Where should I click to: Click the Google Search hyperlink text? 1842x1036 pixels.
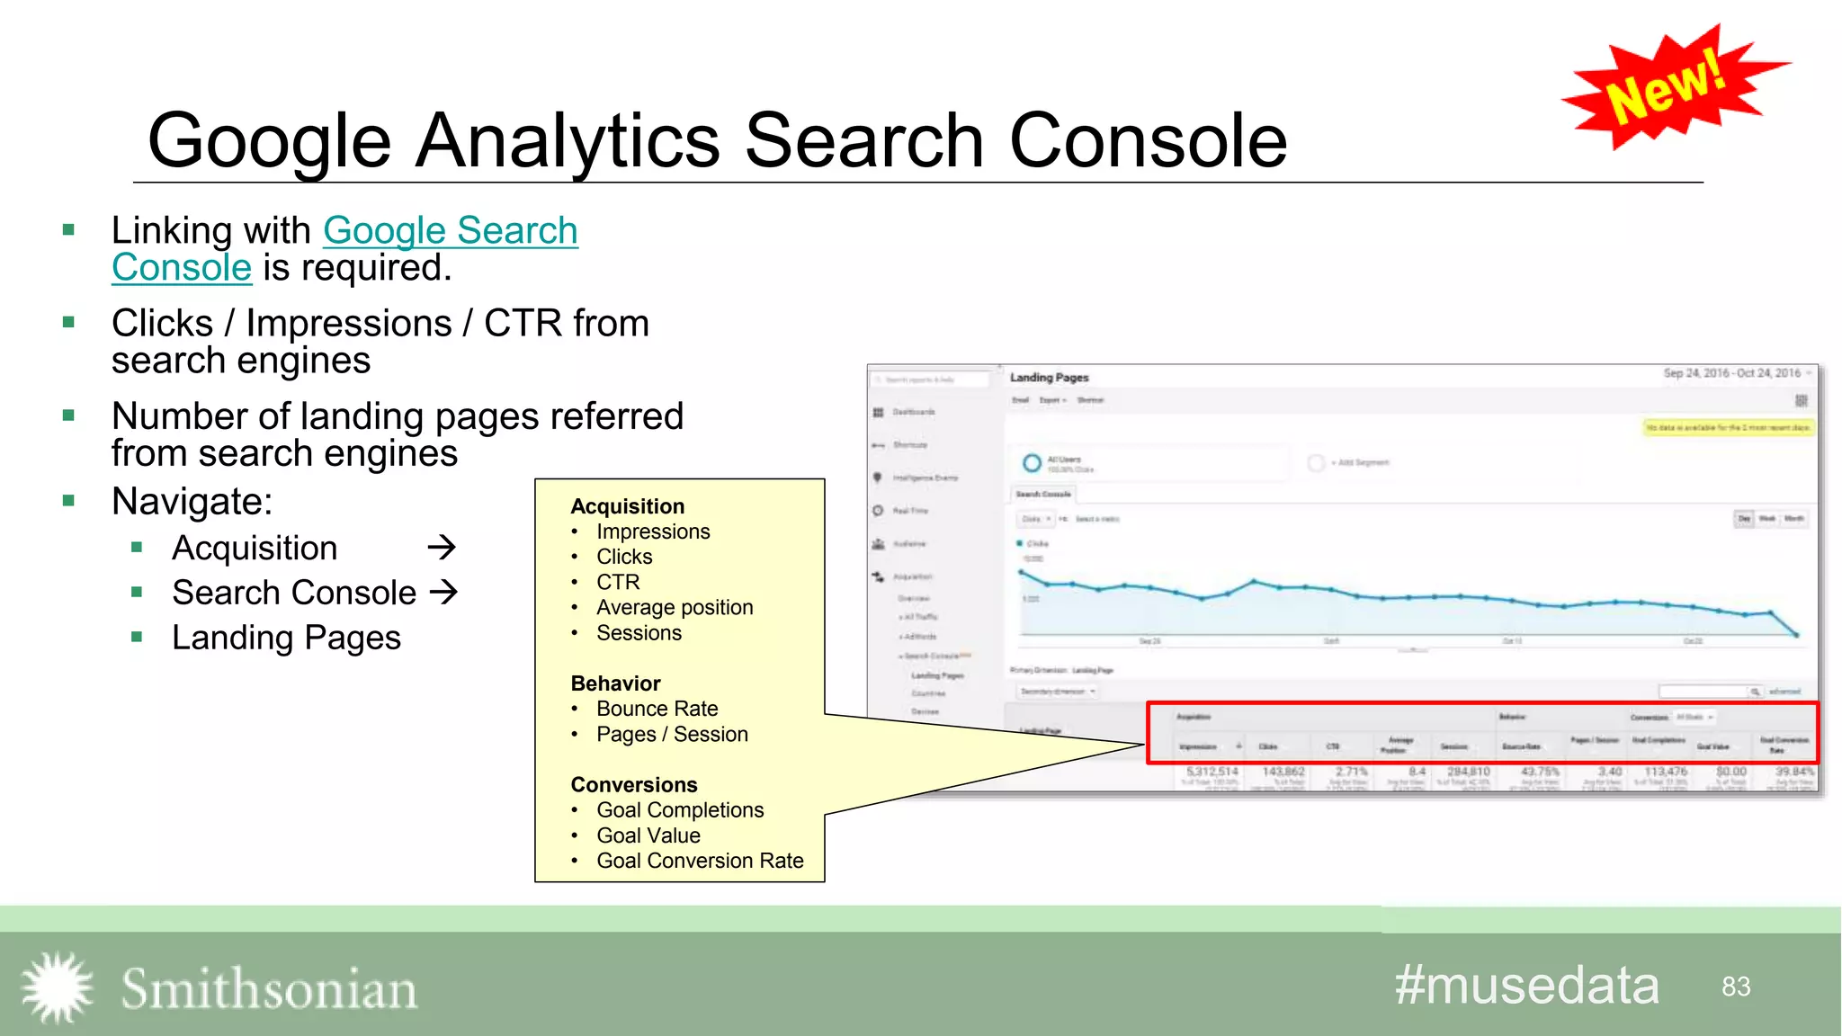[450, 230]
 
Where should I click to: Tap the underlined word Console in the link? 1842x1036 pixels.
[182, 268]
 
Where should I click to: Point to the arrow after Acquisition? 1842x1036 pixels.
[442, 547]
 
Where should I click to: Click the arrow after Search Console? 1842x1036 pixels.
[443, 592]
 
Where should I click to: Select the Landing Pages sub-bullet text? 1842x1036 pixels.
[286, 638]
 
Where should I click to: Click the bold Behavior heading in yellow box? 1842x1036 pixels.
[615, 683]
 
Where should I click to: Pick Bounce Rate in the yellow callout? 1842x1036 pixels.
[657, 709]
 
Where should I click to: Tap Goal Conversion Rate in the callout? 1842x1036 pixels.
[700, 861]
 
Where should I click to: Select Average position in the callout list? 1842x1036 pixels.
[675, 608]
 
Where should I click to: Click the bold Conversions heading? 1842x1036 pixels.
[634, 785]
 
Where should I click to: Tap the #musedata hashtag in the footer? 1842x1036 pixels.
[1526, 986]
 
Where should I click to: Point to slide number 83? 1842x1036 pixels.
[1736, 987]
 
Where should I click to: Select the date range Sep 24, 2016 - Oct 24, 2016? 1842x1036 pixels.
[1731, 373]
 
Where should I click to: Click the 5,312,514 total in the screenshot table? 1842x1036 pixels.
[1212, 772]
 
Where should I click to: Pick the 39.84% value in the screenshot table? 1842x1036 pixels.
[1794, 772]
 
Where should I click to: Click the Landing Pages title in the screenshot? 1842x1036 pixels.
[1049, 378]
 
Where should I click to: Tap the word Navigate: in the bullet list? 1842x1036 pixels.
[192, 501]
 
